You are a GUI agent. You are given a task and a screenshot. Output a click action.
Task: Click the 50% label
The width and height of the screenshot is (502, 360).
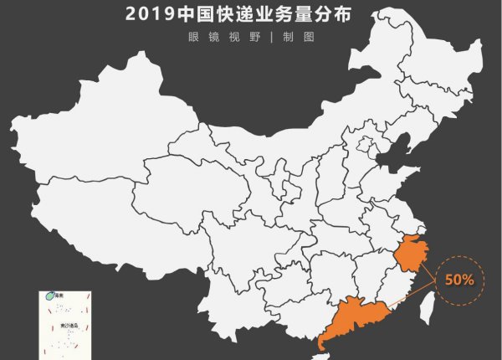[459, 280]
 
